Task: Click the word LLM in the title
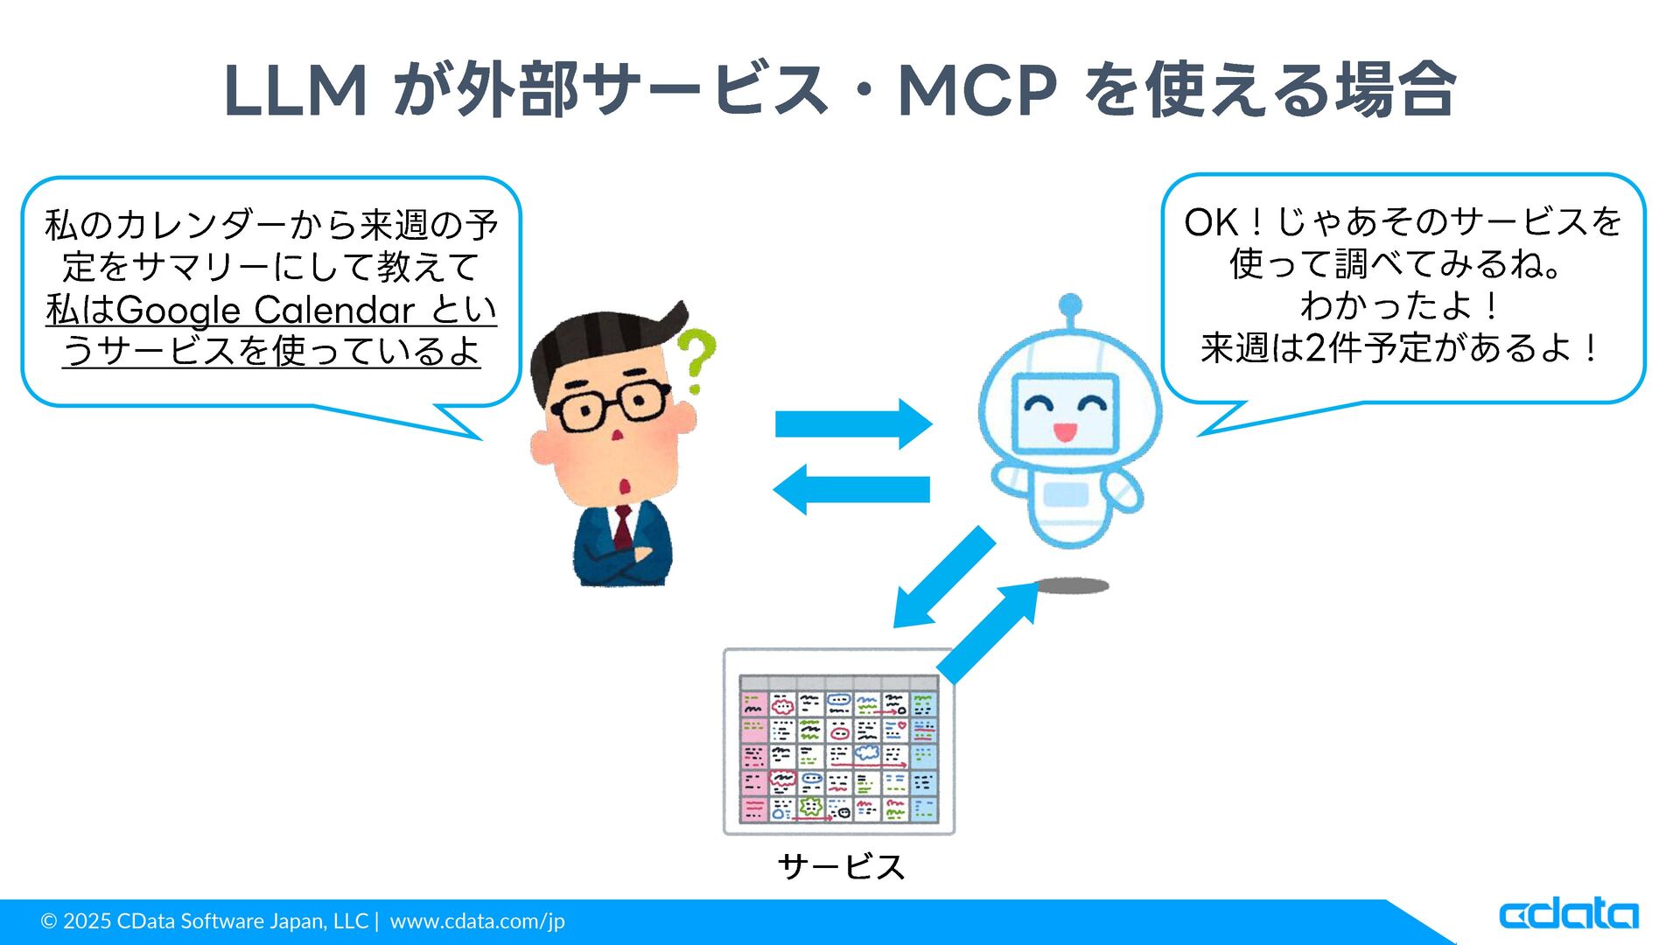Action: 295,91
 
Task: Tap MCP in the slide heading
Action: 976,91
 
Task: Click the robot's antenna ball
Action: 1069,305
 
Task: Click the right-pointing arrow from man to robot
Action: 853,423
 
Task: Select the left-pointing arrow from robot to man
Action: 850,489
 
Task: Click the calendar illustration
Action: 838,742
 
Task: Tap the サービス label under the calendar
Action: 840,866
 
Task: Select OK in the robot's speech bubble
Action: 1212,223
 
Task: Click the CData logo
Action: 1568,914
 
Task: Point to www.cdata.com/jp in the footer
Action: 477,921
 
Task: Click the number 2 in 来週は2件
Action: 1315,348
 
